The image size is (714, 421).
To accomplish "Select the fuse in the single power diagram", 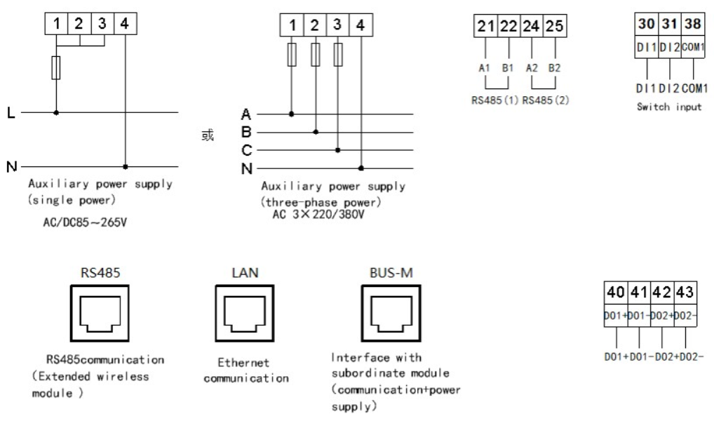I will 56,69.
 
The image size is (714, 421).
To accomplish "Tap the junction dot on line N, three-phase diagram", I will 361,168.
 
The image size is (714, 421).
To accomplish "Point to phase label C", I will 245,149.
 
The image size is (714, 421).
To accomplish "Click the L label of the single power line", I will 9,111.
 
